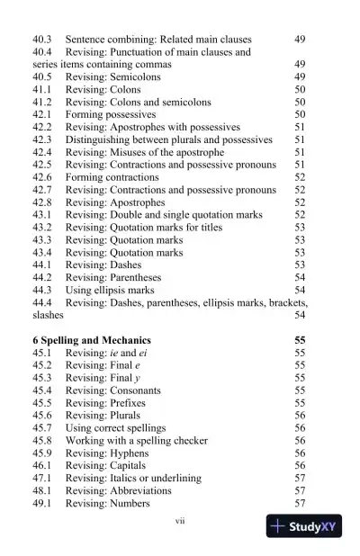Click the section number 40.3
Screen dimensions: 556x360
coord(43,40)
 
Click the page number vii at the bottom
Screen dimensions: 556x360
coord(179,520)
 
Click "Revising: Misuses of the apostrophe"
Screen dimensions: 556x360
coord(150,153)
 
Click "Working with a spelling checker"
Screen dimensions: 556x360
coord(137,441)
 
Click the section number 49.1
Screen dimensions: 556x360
coord(43,503)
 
